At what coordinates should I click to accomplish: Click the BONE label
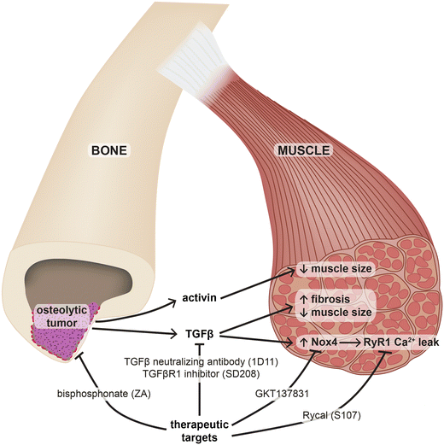[x=109, y=150]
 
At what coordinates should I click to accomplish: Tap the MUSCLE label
[x=303, y=150]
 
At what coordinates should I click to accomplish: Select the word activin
[x=200, y=298]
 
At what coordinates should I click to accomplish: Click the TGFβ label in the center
[x=199, y=334]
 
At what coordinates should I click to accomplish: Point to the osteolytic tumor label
[x=62, y=316]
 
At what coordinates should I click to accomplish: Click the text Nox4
[x=324, y=342]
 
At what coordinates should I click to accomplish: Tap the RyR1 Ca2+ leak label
[x=401, y=342]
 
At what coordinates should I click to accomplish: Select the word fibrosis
[x=330, y=299]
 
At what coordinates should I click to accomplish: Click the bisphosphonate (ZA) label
[x=104, y=394]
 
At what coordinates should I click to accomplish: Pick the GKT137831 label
[x=282, y=394]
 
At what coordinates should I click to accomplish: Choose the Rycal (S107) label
[x=331, y=416]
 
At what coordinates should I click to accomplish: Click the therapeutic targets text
[x=200, y=430]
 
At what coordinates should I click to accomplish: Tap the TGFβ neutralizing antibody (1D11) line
[x=201, y=362]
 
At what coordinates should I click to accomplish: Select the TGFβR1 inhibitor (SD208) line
[x=201, y=373]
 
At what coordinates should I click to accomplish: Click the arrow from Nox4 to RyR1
[x=350, y=343]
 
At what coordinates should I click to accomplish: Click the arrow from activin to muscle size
[x=258, y=284]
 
